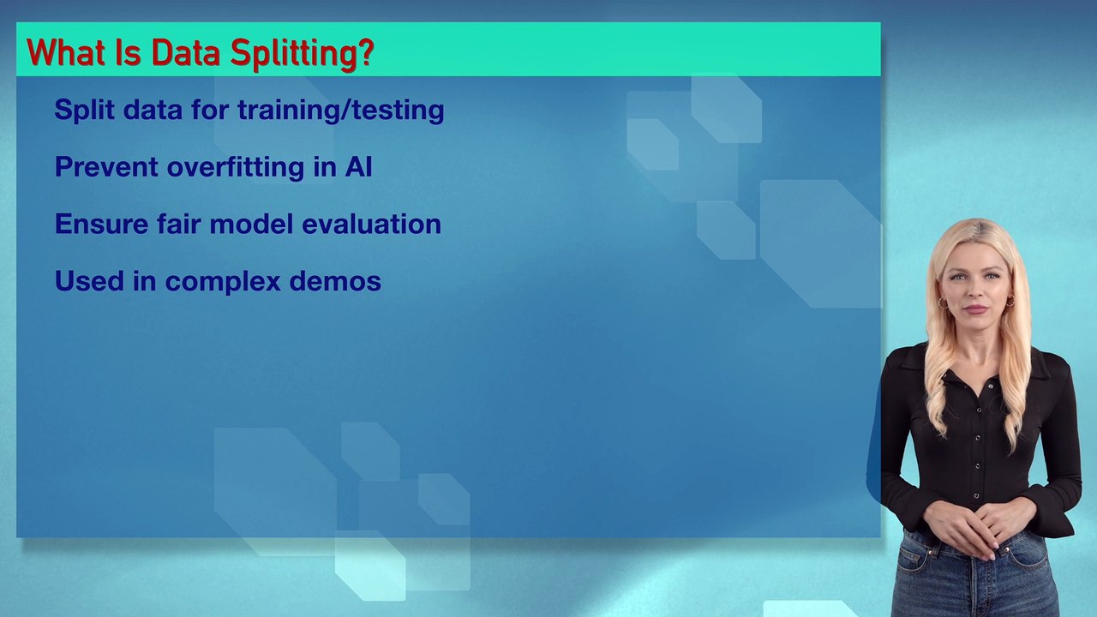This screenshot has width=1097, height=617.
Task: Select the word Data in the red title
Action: coord(186,52)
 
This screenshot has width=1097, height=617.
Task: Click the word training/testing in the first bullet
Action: coord(341,111)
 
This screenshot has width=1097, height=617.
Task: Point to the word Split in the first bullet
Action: coord(84,111)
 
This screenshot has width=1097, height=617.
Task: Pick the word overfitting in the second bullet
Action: coord(236,167)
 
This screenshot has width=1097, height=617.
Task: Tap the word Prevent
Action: coord(106,167)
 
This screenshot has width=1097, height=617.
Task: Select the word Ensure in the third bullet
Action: coord(101,224)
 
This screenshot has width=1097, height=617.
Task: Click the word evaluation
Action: coord(371,224)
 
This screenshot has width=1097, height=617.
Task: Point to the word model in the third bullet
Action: coord(251,224)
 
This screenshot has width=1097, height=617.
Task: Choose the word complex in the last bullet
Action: coord(223,282)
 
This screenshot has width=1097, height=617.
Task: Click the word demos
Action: coord(335,281)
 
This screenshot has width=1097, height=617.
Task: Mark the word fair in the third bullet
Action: coord(179,224)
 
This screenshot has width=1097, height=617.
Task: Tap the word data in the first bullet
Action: coord(153,111)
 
